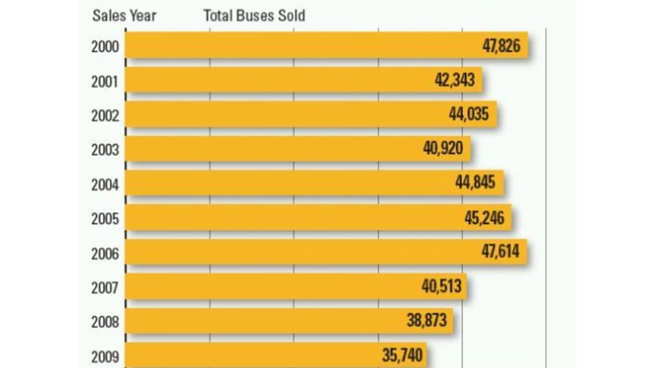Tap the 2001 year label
pos(105,81)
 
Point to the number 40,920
pos(443,148)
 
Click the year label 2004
pos(105,184)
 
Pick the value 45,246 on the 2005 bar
pos(484,218)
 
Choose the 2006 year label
pos(105,253)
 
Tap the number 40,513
pos(441,287)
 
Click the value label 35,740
pos(402,355)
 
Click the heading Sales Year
pos(123,15)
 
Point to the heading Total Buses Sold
pos(254,15)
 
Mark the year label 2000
pos(105,47)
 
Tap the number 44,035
pos(468,114)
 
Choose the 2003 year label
pos(105,149)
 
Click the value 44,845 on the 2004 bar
pos(476,182)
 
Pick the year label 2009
pos(105,356)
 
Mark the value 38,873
pos(426,321)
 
